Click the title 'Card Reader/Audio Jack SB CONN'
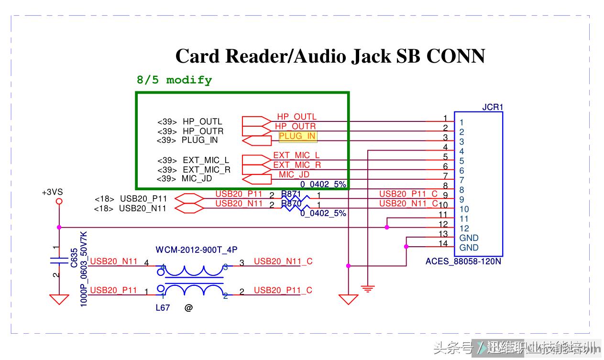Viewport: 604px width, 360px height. pyautogui.click(x=330, y=56)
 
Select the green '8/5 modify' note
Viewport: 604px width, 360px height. pyautogui.click(x=174, y=80)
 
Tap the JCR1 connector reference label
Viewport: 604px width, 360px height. pyautogui.click(x=493, y=107)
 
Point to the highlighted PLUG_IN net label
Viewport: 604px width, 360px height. pyautogui.click(x=297, y=136)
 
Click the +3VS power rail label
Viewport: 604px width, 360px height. pyautogui.click(x=52, y=192)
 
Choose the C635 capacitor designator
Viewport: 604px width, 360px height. pyautogui.click(x=74, y=258)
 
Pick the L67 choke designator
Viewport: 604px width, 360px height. pyautogui.click(x=163, y=308)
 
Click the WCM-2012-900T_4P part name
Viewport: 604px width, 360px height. pyautogui.click(x=197, y=250)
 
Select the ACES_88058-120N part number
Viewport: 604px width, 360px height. pyautogui.click(x=463, y=262)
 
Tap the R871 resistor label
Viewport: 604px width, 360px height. pyautogui.click(x=291, y=194)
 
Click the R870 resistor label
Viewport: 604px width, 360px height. pyautogui.click(x=291, y=204)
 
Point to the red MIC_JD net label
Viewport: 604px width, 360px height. pyautogui.click(x=294, y=175)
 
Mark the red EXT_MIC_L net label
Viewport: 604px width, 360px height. pyautogui.click(x=296, y=155)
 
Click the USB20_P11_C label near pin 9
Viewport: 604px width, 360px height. pyautogui.click(x=408, y=194)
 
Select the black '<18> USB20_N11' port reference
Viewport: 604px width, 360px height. pyautogui.click(x=130, y=208)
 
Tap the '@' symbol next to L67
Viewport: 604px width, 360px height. pyautogui.click(x=188, y=308)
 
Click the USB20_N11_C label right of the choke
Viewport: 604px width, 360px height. pyautogui.click(x=283, y=261)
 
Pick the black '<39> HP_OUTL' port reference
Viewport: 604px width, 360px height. pyautogui.click(x=190, y=122)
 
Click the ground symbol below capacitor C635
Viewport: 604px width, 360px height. pyautogui.click(x=59, y=299)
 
